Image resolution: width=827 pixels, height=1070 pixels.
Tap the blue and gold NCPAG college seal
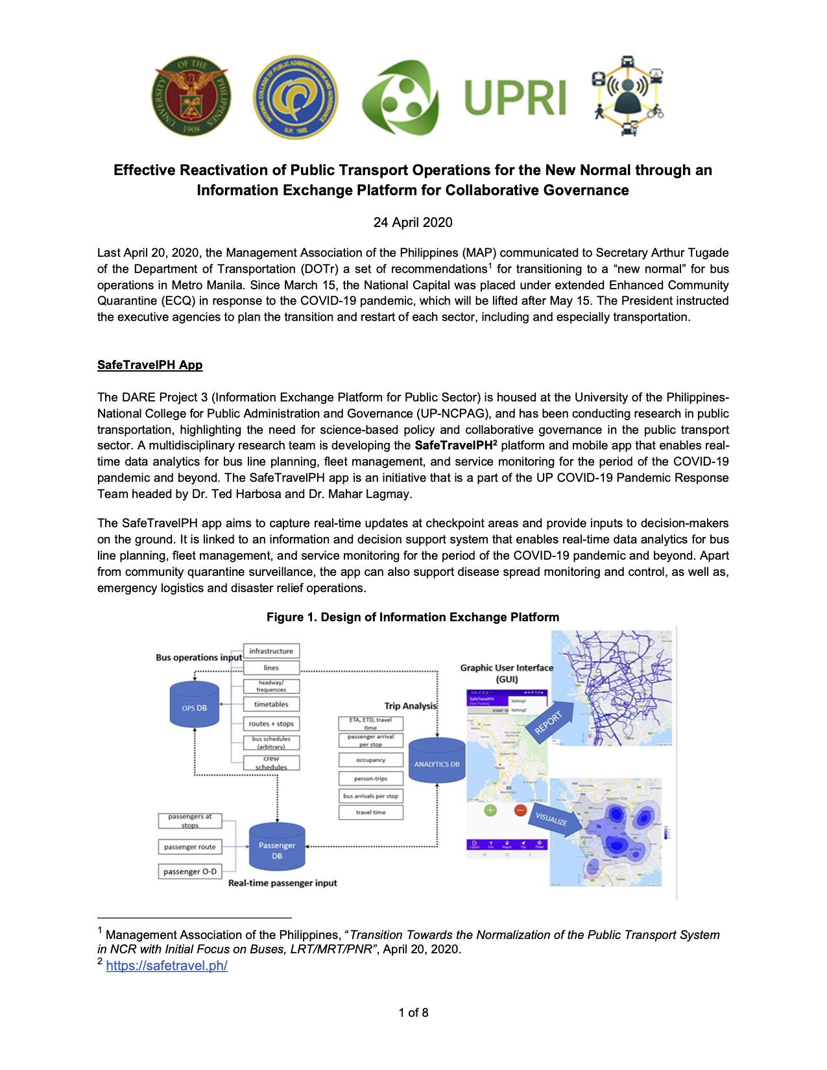[296, 97]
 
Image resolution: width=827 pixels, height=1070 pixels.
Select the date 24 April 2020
[413, 222]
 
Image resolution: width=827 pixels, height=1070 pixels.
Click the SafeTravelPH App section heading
[150, 365]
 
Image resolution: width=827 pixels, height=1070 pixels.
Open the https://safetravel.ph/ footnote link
[167, 966]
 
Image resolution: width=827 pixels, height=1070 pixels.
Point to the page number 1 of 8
[413, 1013]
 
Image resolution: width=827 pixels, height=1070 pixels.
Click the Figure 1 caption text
[413, 617]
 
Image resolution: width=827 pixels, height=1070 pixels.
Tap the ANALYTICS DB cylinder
[437, 761]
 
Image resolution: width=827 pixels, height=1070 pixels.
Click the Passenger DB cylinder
[277, 848]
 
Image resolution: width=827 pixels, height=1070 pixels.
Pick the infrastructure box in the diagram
[271, 651]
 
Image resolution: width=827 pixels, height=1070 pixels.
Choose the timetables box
[271, 704]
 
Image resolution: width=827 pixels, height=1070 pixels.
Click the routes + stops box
[271, 724]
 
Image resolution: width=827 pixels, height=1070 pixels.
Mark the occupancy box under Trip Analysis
[370, 760]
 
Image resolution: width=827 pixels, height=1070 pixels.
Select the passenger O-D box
[190, 872]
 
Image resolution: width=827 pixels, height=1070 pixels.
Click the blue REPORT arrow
[548, 720]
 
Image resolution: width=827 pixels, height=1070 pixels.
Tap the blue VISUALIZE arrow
[551, 817]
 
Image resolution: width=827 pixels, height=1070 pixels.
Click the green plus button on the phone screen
[490, 810]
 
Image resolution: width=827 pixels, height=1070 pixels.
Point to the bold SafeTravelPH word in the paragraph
[453, 446]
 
